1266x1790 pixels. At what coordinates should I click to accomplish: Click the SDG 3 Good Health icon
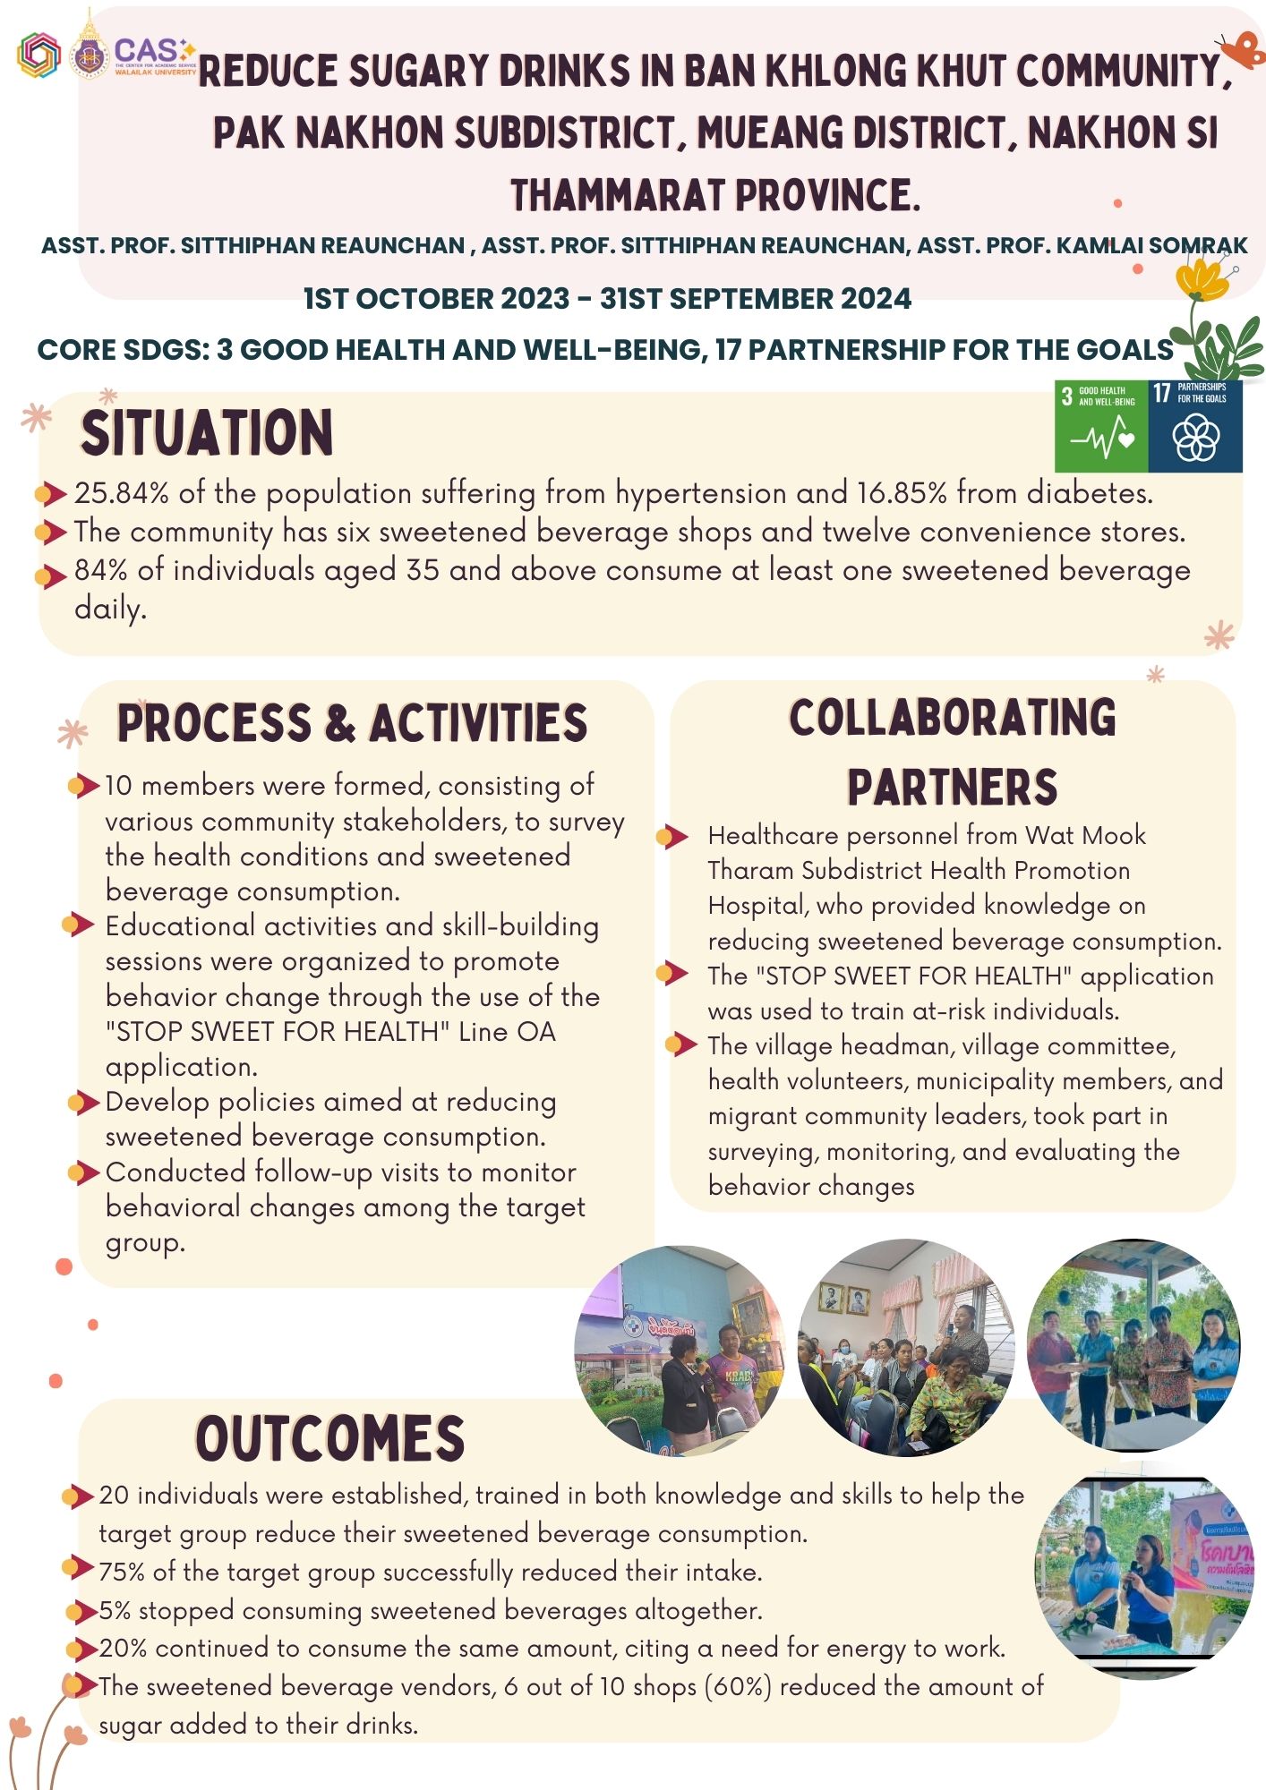(x=1101, y=425)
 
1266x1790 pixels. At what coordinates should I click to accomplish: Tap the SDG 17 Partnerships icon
(x=1195, y=425)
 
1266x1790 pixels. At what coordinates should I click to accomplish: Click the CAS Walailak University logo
(x=154, y=56)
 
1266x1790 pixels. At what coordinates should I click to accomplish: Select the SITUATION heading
(x=207, y=433)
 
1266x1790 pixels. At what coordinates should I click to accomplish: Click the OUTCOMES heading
(x=330, y=1439)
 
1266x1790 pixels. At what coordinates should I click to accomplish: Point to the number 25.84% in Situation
(x=118, y=493)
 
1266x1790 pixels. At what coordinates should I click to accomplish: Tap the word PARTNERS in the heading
(x=953, y=788)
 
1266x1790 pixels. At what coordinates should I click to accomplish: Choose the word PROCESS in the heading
(x=214, y=723)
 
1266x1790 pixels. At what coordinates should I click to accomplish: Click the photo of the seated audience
(x=907, y=1347)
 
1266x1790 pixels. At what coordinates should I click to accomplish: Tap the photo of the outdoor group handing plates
(x=1133, y=1344)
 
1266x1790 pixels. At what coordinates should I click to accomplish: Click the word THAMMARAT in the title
(x=617, y=195)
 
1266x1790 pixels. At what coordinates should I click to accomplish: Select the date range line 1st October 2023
(x=607, y=298)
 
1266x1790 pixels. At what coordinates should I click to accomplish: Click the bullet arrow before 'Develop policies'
(x=83, y=1102)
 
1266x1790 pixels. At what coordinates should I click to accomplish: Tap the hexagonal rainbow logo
(x=38, y=55)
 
